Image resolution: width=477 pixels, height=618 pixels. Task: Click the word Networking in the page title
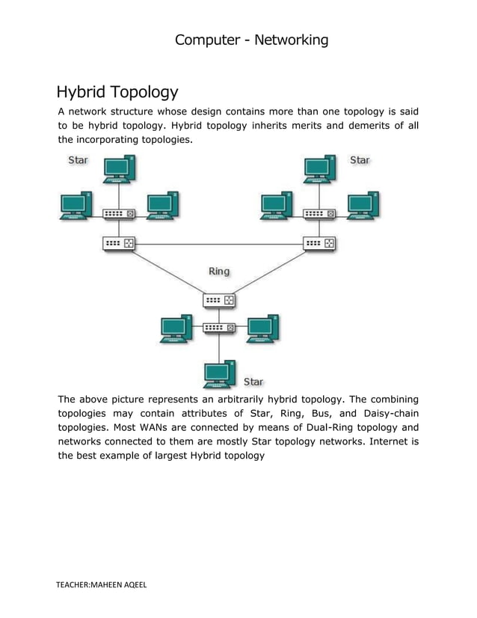[x=291, y=40]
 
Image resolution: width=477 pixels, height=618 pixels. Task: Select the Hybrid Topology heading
[x=117, y=93]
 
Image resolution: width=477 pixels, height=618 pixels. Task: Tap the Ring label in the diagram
[x=219, y=272]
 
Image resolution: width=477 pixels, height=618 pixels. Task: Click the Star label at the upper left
[x=78, y=160]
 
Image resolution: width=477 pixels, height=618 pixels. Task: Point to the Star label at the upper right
[x=360, y=160]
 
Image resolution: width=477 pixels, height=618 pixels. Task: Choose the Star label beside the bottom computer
[x=253, y=382]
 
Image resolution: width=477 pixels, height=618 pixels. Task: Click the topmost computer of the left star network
[x=118, y=170]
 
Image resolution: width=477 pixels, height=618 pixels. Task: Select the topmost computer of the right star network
[x=319, y=170]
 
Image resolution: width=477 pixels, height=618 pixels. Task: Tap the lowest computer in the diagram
[x=219, y=373]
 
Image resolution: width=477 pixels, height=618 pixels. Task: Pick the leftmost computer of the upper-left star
[x=76, y=205]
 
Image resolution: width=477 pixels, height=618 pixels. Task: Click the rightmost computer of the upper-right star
[x=363, y=205]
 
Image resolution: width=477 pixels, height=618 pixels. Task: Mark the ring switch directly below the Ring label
[x=219, y=300]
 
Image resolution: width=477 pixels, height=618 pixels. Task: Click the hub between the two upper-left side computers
[x=118, y=214]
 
